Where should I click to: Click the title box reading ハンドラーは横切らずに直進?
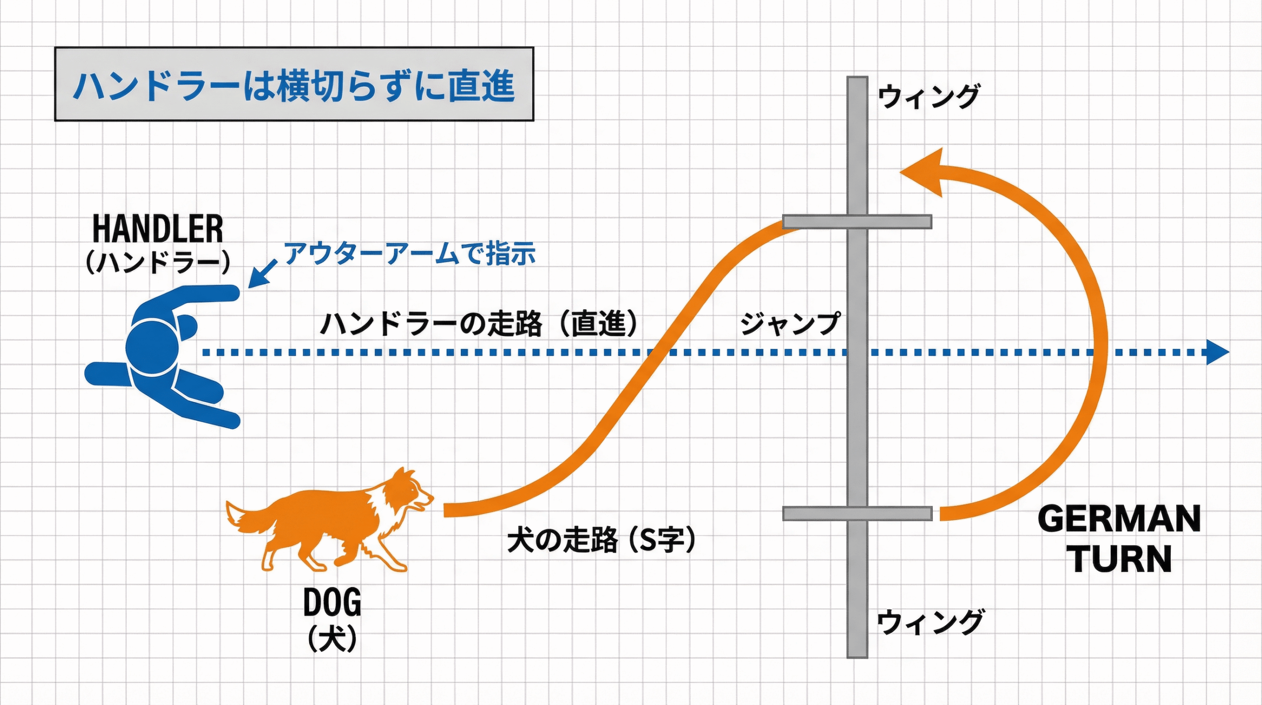pos(294,84)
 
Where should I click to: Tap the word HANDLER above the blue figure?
pos(158,229)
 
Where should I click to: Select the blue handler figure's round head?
pos(152,347)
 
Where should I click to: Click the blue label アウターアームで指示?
pos(410,254)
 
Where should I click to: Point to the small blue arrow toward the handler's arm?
pos(262,274)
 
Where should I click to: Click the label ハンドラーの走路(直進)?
pos(479,324)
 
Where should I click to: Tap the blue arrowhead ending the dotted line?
pos(1218,352)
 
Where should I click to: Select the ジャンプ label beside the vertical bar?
pos(790,324)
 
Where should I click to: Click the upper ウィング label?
pos(929,96)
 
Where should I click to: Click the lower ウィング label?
pos(930,622)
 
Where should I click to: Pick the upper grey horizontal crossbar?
pos(857,222)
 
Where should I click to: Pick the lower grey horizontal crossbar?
pos(857,514)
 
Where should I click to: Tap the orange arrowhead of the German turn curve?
pos(924,172)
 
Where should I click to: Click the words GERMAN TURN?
pos(1120,539)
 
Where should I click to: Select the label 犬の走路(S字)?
pos(601,540)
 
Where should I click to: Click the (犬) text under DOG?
pos(332,638)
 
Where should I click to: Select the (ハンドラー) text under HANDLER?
pos(158,262)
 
